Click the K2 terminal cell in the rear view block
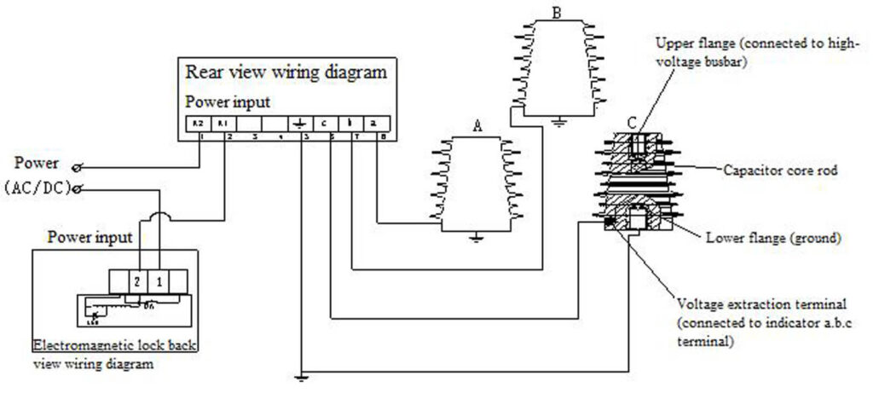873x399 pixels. point(199,123)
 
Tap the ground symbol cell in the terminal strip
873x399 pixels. point(300,123)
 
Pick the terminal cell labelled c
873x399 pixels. point(326,123)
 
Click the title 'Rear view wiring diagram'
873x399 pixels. point(286,72)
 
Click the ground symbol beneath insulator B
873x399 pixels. point(558,120)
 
